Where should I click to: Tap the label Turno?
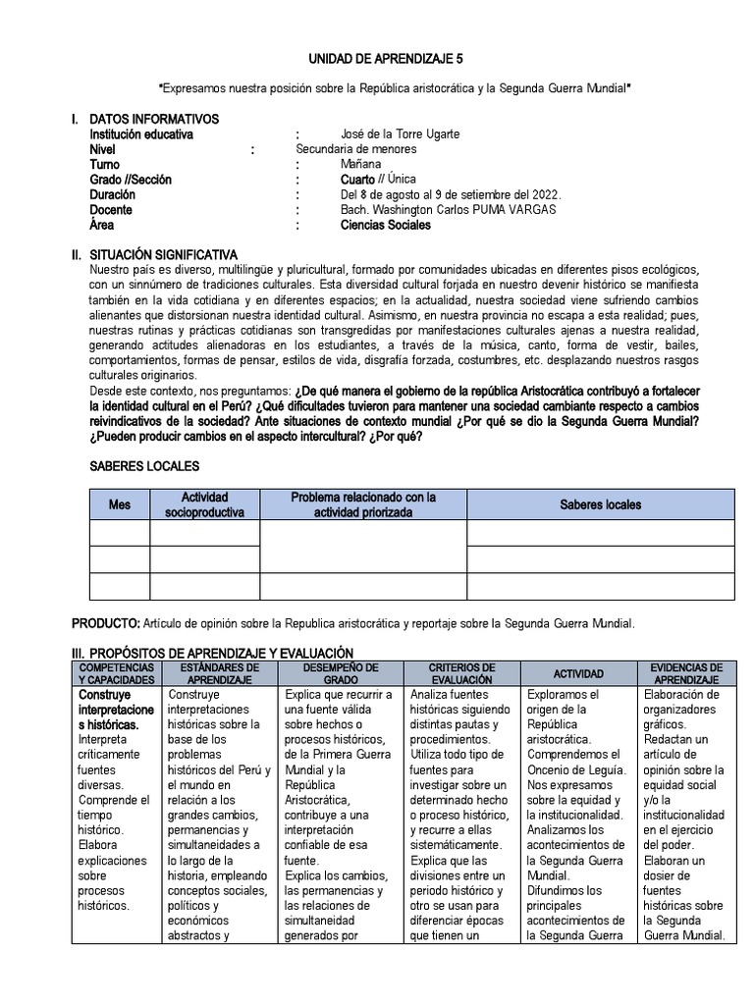105,165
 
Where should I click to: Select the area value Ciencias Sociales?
385,225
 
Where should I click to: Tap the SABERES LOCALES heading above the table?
144,466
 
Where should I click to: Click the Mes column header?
119,504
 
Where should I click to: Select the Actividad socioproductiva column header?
204,504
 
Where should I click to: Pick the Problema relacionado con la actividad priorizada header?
362,504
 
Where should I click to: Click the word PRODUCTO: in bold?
106,623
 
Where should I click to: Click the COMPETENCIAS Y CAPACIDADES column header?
116,673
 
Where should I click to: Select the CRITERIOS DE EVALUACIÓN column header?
461,673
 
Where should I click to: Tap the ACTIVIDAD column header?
578,674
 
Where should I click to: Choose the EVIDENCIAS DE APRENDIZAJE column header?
687,673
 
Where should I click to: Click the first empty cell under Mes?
119,533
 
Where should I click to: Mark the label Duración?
113,195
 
